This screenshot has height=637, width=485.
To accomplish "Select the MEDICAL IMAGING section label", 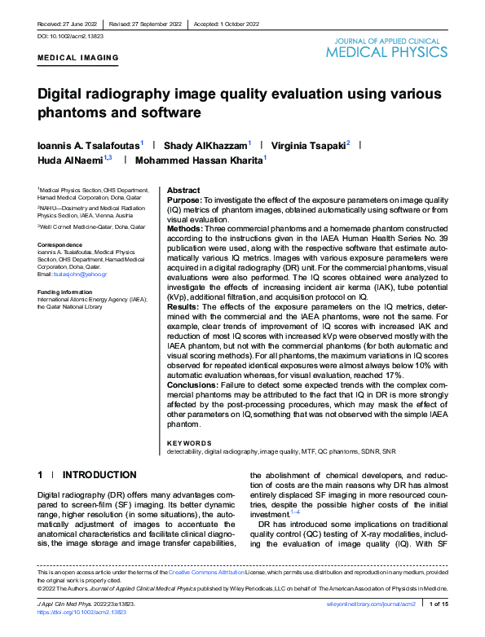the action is click(77, 59).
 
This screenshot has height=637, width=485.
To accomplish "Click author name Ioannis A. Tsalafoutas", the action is click(89, 144).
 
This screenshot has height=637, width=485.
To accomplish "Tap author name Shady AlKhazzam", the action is click(206, 144).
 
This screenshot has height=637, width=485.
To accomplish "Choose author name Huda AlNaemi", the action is click(72, 160).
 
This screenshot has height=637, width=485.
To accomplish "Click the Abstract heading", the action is click(183, 189).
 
